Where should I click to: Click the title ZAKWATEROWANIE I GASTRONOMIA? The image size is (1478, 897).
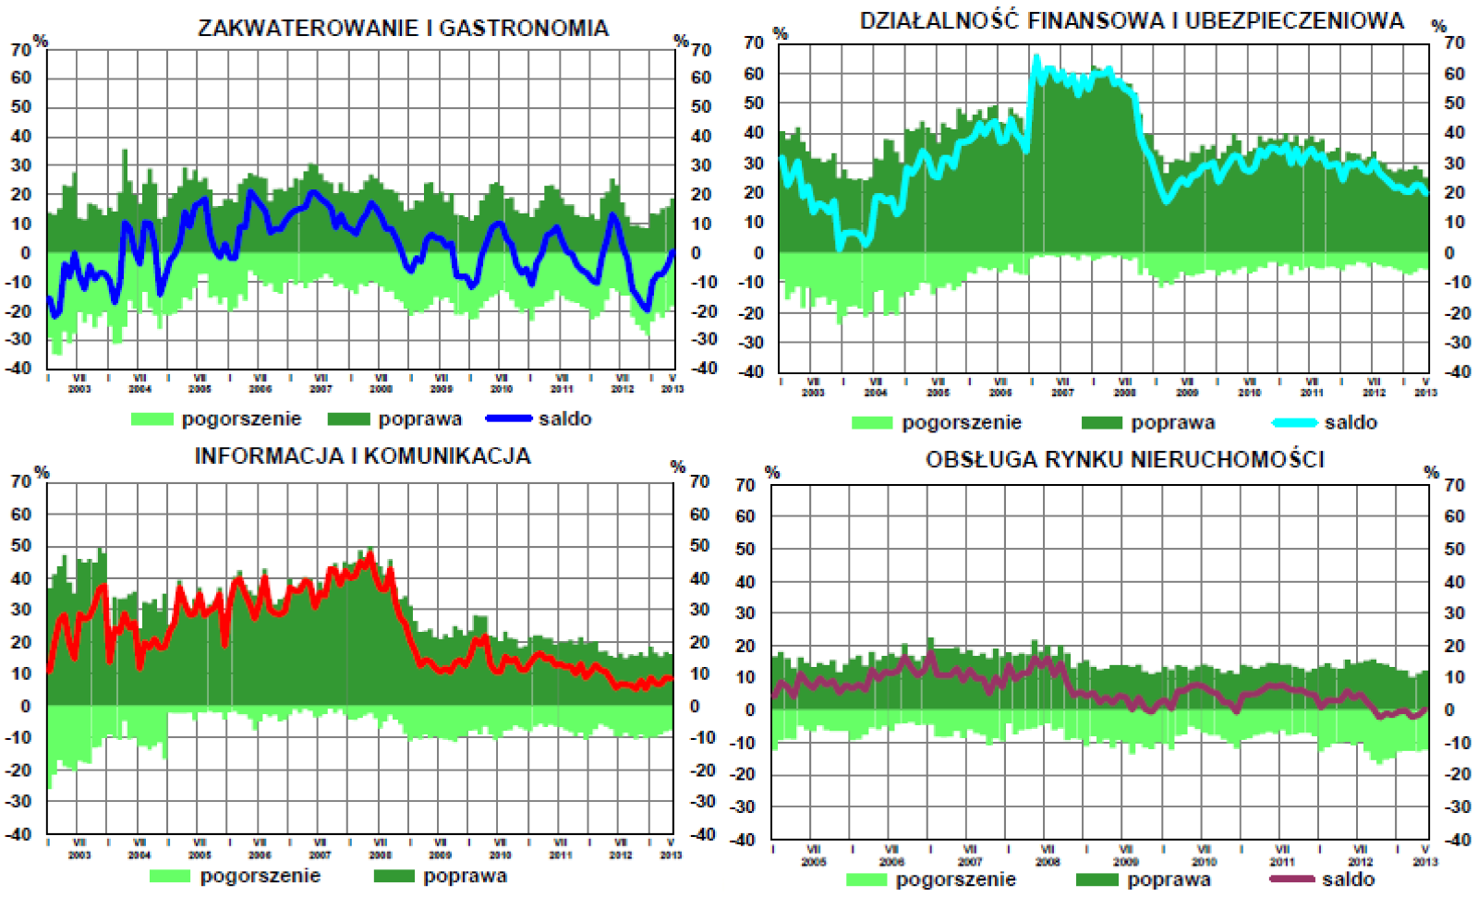403,29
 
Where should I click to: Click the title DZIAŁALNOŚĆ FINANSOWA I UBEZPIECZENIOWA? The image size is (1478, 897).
1132,21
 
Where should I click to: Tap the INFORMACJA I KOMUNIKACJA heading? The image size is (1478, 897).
362,456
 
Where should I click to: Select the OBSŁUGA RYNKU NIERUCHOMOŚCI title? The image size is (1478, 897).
1124,459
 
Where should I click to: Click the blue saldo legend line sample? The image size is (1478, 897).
509,419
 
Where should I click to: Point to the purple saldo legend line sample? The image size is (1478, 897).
1291,879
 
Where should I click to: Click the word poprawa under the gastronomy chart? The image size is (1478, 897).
419,419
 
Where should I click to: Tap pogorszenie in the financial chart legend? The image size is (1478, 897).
962,423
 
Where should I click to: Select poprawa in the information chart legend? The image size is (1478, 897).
465,877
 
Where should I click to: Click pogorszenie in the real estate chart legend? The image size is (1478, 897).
955,879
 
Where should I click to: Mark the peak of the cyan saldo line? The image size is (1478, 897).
1036,57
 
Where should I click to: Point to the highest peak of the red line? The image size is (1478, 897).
370,555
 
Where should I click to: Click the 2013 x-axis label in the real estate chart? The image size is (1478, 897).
1425,862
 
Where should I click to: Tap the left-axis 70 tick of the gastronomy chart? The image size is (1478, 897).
20,50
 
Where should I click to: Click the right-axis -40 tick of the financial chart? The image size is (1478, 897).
1454,371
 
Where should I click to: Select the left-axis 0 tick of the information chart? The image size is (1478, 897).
25,706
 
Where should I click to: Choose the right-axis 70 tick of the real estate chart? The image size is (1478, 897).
1454,485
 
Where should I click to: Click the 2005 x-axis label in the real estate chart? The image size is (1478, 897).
813,862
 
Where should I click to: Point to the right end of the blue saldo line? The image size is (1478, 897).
672,251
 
